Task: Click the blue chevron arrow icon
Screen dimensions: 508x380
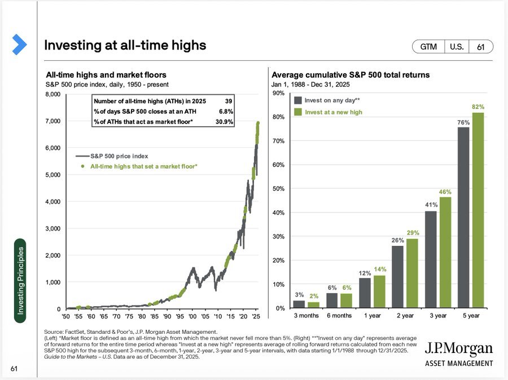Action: click(19, 45)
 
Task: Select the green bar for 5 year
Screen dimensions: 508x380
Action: click(478, 210)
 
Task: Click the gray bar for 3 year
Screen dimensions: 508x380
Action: click(431, 259)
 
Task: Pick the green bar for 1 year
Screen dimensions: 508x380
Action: click(379, 291)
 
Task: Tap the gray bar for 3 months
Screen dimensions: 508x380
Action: click(299, 304)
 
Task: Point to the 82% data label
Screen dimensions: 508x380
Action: click(478, 107)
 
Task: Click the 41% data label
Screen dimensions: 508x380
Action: click(431, 205)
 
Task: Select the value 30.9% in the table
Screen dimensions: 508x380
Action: click(224, 122)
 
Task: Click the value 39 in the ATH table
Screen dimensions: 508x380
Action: click(229, 101)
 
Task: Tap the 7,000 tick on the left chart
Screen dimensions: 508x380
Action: click(53, 121)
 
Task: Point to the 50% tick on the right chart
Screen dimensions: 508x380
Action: click(279, 189)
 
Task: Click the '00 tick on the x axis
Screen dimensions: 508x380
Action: click(192, 316)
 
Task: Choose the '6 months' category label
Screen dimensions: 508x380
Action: click(339, 316)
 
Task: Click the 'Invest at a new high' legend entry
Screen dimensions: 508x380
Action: click(328, 112)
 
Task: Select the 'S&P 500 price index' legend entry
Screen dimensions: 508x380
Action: click(112, 156)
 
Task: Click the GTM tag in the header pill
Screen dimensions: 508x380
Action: click(428, 47)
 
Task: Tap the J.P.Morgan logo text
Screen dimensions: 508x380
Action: click(458, 348)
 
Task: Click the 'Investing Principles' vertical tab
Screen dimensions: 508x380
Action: click(20, 281)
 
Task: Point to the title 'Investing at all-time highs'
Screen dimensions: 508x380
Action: click(125, 45)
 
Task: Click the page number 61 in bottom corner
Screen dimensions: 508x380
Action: click(14, 369)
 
